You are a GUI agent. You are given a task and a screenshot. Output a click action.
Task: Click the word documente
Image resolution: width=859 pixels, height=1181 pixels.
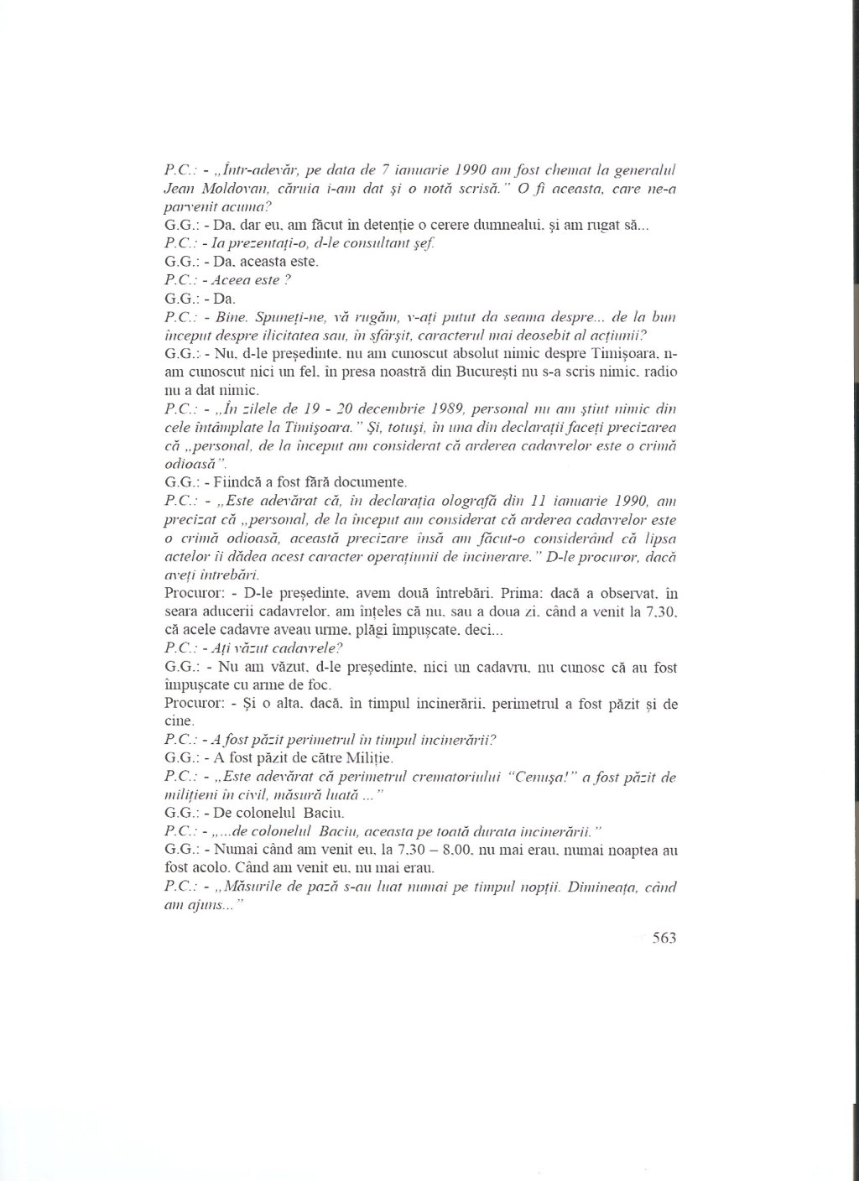367,482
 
